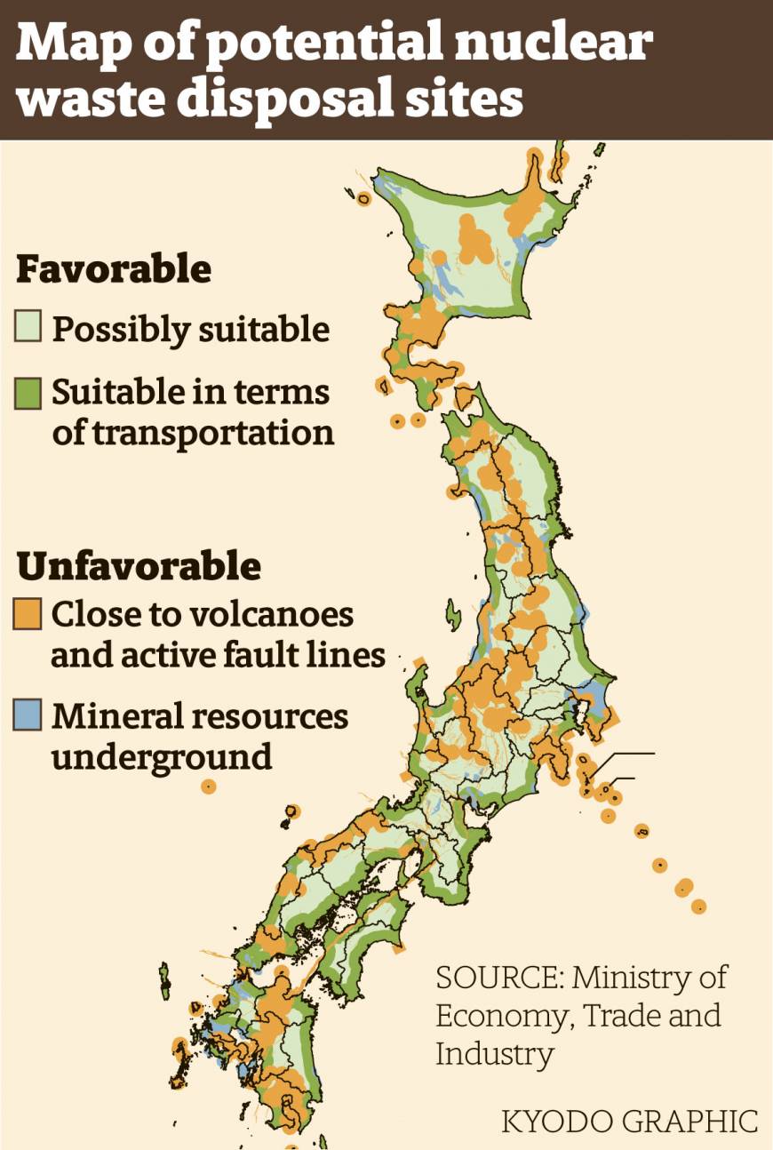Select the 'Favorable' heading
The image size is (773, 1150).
point(114,269)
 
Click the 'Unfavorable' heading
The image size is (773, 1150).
point(138,565)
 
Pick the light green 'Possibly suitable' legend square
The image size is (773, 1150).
point(28,329)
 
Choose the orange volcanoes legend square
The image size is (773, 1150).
point(28,614)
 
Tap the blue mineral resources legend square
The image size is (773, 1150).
point(28,716)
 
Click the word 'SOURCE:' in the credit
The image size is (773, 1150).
point(498,978)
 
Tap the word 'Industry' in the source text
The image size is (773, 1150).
point(494,1055)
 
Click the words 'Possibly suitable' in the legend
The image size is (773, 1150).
point(191,330)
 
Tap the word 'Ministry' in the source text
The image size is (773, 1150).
point(634,978)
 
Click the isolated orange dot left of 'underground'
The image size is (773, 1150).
point(209,786)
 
